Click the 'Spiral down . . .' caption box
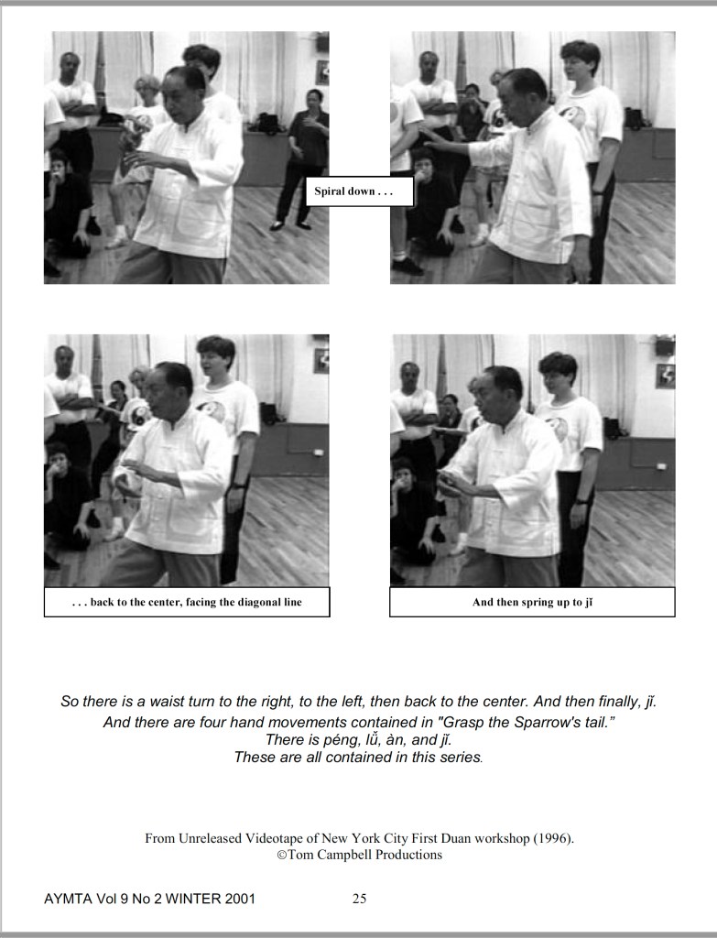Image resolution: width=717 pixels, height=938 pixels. (x=359, y=191)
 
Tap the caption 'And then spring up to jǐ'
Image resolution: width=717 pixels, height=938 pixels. (x=532, y=602)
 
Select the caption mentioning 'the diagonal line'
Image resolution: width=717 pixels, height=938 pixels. (x=187, y=602)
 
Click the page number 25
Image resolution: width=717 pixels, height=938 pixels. (x=359, y=899)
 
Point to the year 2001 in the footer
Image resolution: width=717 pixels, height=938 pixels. (x=240, y=899)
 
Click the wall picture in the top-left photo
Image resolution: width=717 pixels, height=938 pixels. (x=322, y=72)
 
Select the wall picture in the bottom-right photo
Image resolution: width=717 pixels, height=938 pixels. (x=666, y=376)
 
